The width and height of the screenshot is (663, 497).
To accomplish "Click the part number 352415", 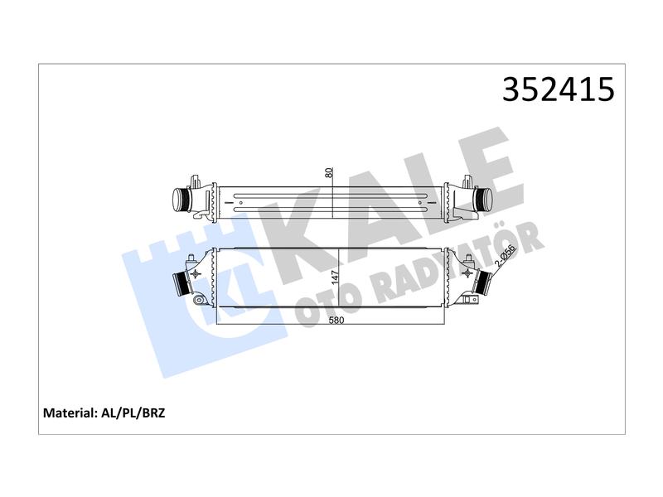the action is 558,89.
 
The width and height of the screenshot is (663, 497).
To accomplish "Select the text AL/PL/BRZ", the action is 133,413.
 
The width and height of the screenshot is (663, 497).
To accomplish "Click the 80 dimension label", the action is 330,173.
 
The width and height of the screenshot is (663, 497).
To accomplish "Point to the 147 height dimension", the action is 336,277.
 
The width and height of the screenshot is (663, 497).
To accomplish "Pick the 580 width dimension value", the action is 336,320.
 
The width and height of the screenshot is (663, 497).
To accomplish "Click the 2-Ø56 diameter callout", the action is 506,256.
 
